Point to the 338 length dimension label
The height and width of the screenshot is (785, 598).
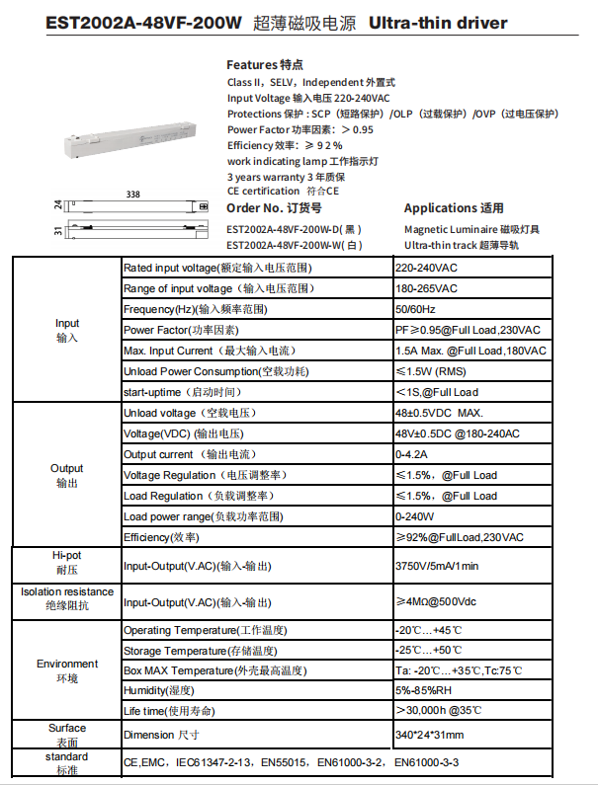(132, 196)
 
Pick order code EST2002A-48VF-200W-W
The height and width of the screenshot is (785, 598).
(294, 245)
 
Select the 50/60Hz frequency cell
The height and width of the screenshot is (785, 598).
(414, 309)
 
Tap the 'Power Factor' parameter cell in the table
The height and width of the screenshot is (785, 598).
(181, 330)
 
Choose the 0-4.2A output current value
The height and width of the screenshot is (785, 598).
(411, 454)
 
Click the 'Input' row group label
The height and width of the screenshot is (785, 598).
(67, 330)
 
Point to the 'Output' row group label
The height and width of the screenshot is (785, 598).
(67, 475)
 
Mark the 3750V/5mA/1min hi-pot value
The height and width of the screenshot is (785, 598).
(437, 566)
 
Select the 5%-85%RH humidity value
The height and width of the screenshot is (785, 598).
(424, 690)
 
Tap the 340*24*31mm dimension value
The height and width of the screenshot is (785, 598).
(429, 735)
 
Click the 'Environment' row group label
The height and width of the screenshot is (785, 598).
(67, 670)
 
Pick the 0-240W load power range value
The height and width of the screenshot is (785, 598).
(415, 516)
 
